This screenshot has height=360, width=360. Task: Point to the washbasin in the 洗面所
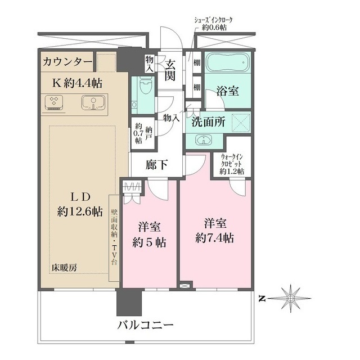click(204, 140)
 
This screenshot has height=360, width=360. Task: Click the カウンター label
click(67, 61)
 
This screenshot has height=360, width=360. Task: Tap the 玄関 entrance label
click(170, 70)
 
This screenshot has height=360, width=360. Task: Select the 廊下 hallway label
click(156, 164)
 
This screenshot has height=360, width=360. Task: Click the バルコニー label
click(145, 325)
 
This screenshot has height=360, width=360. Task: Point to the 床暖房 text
click(64, 268)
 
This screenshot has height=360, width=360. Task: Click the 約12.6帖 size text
click(79, 211)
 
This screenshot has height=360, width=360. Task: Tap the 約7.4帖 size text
click(215, 238)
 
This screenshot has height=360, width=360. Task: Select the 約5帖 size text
click(149, 242)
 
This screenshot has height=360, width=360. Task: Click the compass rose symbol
click(291, 298)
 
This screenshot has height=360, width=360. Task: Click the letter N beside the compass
click(262, 299)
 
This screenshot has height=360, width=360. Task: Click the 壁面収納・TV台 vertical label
click(114, 237)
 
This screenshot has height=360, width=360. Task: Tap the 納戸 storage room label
click(148, 133)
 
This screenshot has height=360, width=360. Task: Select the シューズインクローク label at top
click(214, 20)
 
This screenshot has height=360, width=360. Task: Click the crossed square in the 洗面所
click(241, 123)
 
